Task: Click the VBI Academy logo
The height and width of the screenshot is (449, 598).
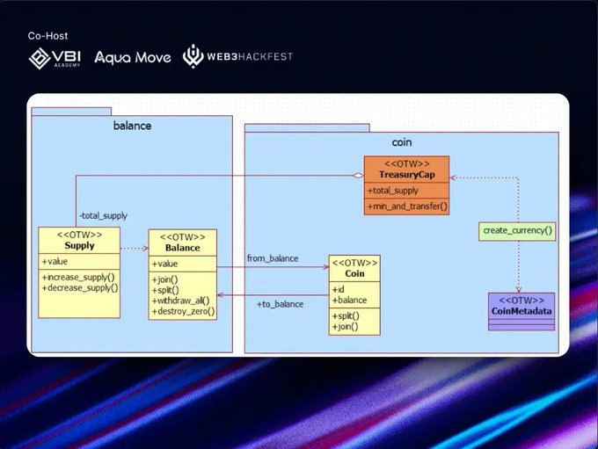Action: [55, 58]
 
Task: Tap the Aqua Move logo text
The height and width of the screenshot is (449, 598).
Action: [132, 58]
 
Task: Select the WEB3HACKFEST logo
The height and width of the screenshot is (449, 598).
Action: [237, 56]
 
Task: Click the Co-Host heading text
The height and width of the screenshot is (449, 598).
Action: [47, 36]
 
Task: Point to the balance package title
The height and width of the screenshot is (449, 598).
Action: [132, 126]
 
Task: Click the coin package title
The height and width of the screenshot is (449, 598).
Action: [402, 142]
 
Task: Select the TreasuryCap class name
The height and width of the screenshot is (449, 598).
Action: [407, 175]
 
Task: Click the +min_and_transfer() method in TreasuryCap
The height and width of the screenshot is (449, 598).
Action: [407, 206]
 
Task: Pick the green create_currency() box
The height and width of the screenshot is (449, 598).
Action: [517, 231]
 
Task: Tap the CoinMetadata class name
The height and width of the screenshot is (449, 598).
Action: [521, 311]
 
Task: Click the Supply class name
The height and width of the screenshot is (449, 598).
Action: [79, 245]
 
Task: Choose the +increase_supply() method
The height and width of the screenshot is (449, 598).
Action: [78, 277]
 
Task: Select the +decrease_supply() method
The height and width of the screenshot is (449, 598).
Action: [80, 288]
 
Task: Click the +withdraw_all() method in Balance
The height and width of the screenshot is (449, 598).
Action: [181, 301]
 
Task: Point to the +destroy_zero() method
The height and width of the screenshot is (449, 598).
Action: [184, 311]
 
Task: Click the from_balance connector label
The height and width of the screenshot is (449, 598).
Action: [273, 258]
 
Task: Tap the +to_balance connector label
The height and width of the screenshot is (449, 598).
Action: [280, 304]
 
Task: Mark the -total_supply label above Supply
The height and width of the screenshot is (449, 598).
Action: [104, 216]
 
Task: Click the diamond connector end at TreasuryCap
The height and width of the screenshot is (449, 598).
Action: [358, 176]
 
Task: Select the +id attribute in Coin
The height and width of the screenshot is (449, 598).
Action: [338, 289]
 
